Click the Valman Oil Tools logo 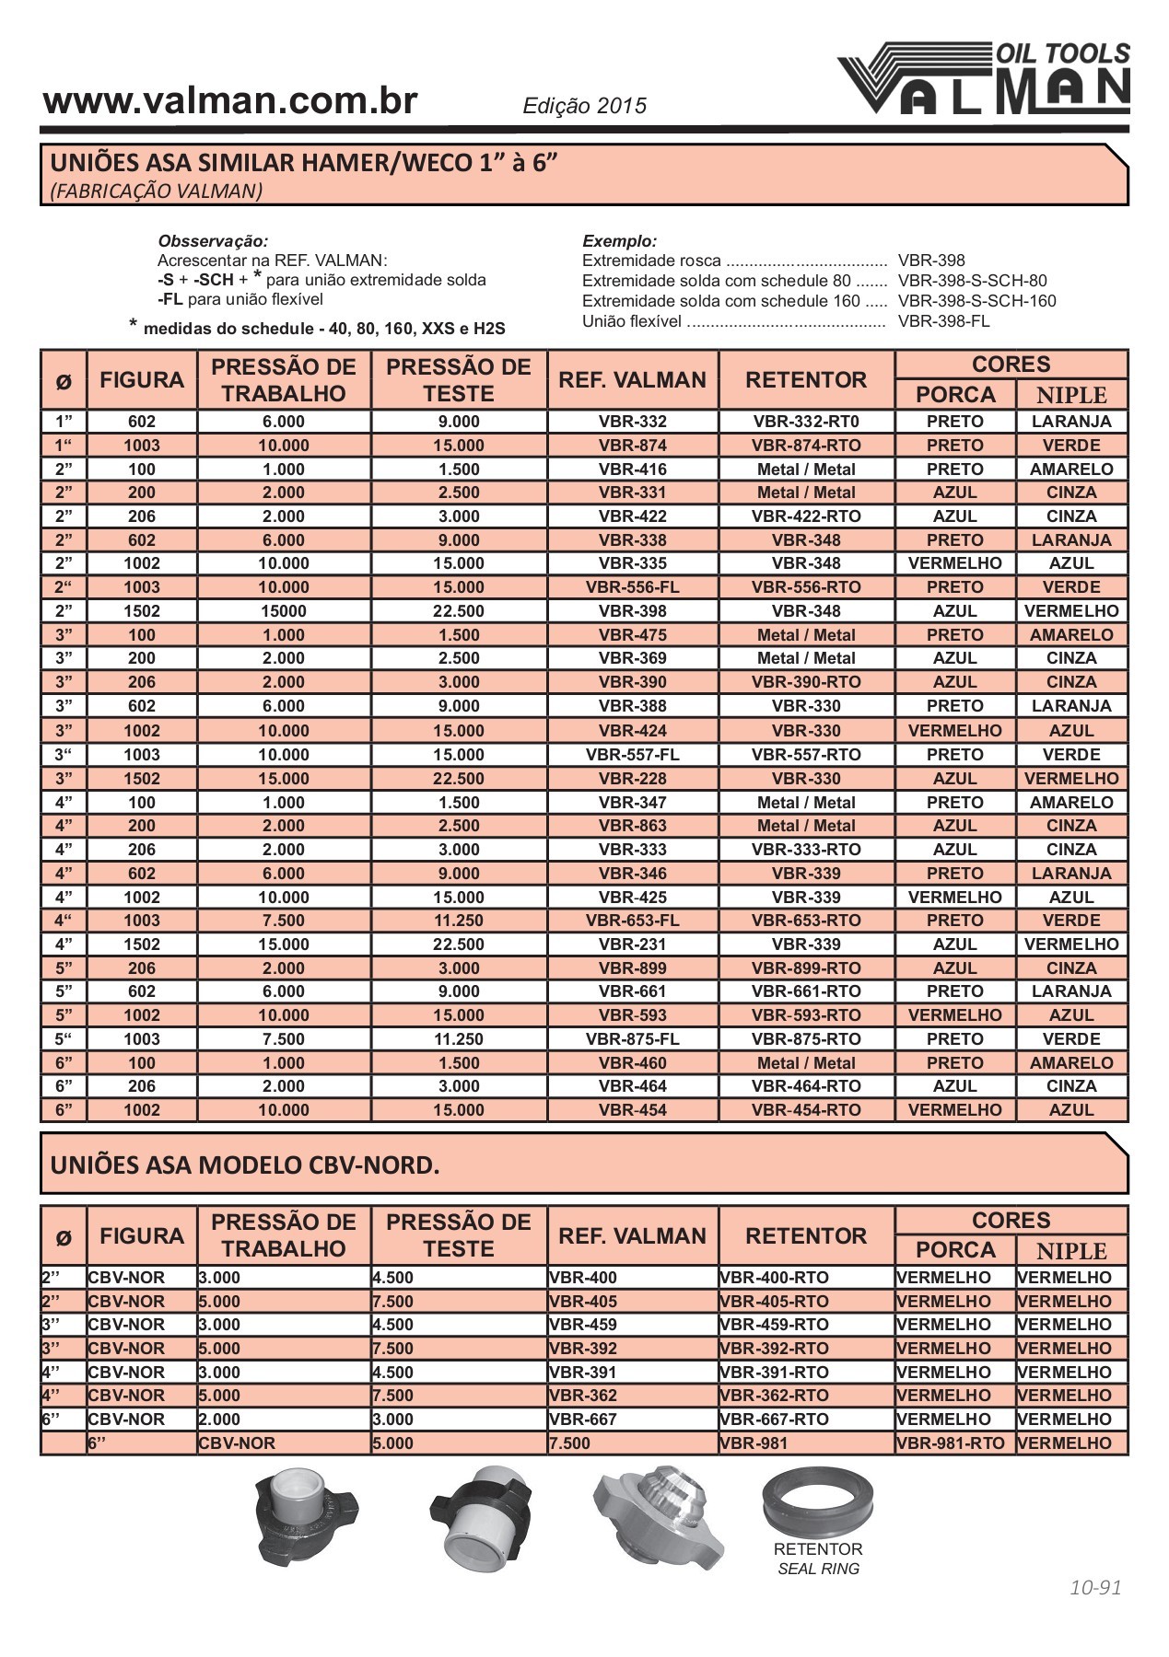click(984, 79)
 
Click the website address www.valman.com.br click(230, 101)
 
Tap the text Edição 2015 click(585, 106)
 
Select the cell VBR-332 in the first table click(632, 422)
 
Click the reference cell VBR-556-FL click(632, 587)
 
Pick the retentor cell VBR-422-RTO click(806, 516)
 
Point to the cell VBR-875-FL click(632, 1039)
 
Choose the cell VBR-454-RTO click(806, 1110)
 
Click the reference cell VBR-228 click(632, 779)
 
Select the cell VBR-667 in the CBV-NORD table click(583, 1419)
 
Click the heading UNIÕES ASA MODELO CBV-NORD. click(245, 1165)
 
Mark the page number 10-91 click(1095, 1588)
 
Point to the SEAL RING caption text click(818, 1569)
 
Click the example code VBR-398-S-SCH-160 click(976, 301)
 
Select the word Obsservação click(213, 241)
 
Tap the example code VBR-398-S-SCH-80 click(972, 281)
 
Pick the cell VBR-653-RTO click(806, 921)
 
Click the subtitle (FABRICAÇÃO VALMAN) click(157, 191)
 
